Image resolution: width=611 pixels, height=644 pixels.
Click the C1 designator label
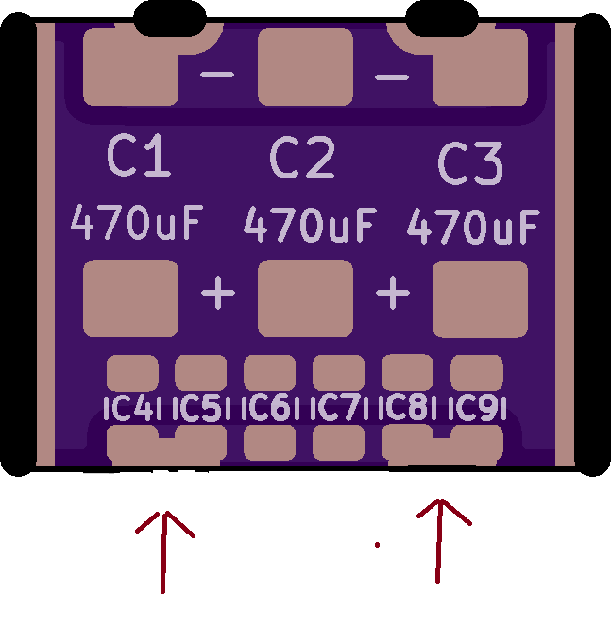click(139, 156)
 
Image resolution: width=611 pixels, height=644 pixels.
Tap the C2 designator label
click(302, 158)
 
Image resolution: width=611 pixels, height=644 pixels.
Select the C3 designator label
click(470, 163)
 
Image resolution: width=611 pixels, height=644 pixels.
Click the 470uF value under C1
click(137, 222)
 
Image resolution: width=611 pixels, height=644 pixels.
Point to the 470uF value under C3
click(473, 227)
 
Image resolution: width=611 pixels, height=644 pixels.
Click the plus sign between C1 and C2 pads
click(218, 293)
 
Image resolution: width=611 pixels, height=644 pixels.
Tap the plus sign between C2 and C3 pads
click(393, 293)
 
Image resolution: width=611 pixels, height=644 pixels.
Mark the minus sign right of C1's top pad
click(217, 75)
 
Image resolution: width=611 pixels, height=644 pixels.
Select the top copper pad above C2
click(306, 66)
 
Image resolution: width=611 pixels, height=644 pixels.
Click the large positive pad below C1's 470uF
click(130, 298)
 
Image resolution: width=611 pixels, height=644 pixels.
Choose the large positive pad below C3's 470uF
click(480, 299)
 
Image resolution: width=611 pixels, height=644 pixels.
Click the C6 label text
click(270, 408)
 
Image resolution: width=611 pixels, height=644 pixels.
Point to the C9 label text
click(477, 408)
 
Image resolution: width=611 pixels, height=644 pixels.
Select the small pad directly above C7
click(338, 373)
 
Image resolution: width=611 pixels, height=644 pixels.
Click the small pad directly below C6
click(269, 443)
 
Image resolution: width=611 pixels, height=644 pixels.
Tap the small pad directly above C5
click(200, 373)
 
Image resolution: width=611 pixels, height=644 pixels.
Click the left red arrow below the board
click(164, 552)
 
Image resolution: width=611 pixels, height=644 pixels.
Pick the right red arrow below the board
click(439, 540)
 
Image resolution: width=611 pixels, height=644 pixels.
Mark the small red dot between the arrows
click(378, 545)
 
